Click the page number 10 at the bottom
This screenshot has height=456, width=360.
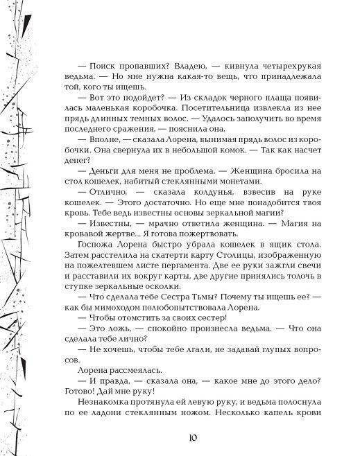(195, 437)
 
